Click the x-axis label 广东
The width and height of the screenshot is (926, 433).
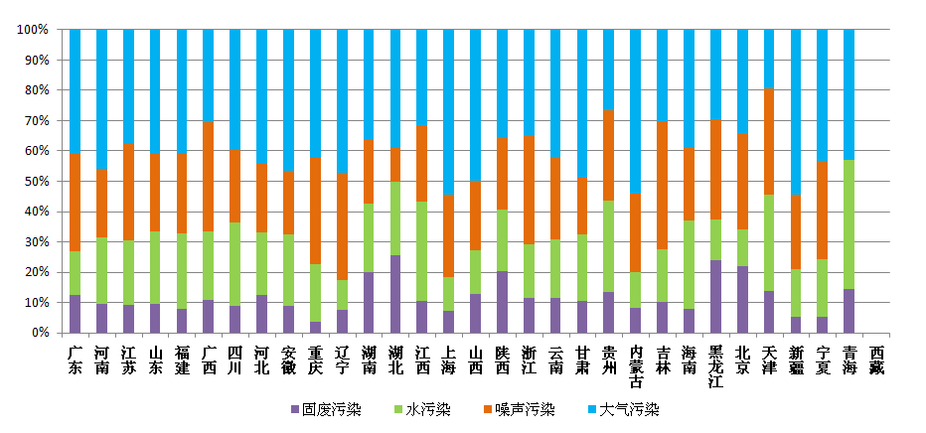(75, 360)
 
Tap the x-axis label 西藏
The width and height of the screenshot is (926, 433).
(875, 360)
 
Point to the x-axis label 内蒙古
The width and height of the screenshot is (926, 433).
(636, 366)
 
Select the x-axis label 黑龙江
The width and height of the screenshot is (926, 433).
(715, 366)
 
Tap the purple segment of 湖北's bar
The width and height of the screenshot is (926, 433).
(395, 294)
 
